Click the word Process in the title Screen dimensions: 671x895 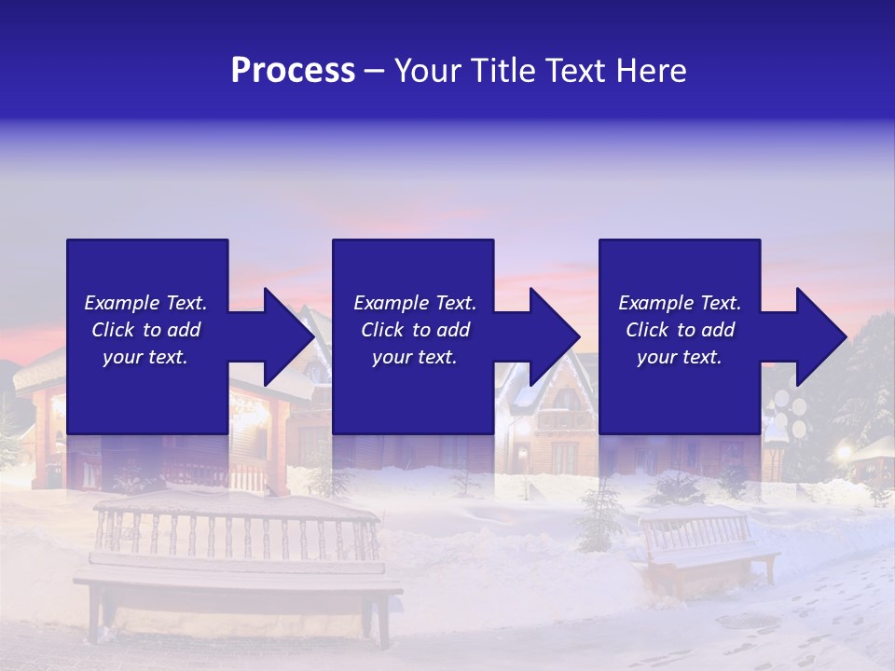293,71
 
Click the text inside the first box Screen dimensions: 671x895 145,330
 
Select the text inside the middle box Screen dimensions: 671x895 415,330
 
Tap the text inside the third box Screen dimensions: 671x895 680,330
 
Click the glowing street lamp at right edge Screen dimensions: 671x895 845,453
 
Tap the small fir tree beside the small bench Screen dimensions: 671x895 597,517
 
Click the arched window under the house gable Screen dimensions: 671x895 566,398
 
